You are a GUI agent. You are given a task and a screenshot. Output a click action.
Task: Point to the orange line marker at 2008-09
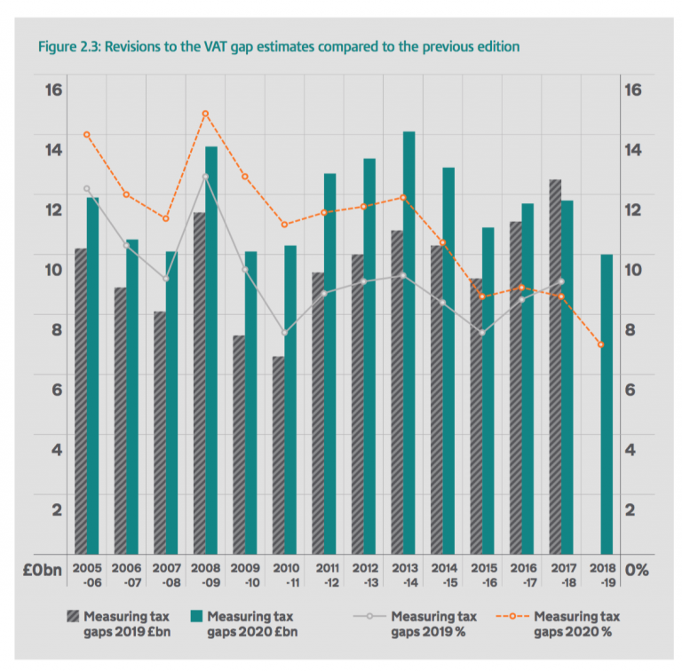205,114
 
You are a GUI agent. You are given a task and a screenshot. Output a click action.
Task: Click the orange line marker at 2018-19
600,344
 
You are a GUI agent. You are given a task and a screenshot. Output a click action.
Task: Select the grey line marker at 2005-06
87,188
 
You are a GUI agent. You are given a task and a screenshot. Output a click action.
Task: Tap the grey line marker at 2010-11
284,333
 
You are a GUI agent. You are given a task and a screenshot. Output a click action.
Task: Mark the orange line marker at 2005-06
87,135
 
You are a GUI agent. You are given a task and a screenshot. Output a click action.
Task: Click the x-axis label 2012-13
363,572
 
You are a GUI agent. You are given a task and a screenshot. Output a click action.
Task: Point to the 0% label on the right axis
636,570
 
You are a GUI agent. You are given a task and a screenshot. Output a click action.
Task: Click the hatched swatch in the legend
74,616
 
